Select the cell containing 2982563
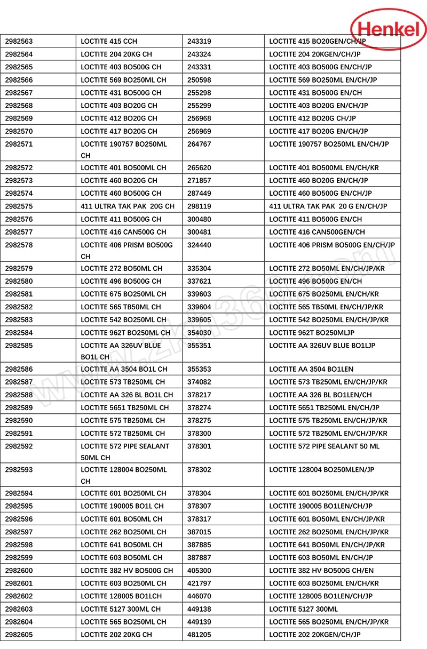tap(19, 41)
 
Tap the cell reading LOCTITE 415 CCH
tap(109, 41)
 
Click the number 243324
tap(199, 54)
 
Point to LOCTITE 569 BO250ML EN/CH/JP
tap(323, 80)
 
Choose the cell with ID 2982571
tap(19, 144)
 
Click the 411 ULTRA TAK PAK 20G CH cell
tap(128, 206)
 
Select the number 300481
tap(199, 232)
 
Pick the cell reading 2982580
tap(19, 281)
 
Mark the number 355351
tap(199, 346)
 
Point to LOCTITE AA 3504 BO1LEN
tap(311, 369)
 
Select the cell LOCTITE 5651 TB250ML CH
tap(124, 407)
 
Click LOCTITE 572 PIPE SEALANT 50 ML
tap(324, 446)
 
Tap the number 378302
tap(199, 470)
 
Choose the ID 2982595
tap(19, 506)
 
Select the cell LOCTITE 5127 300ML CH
tap(121, 609)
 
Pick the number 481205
tap(199, 635)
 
